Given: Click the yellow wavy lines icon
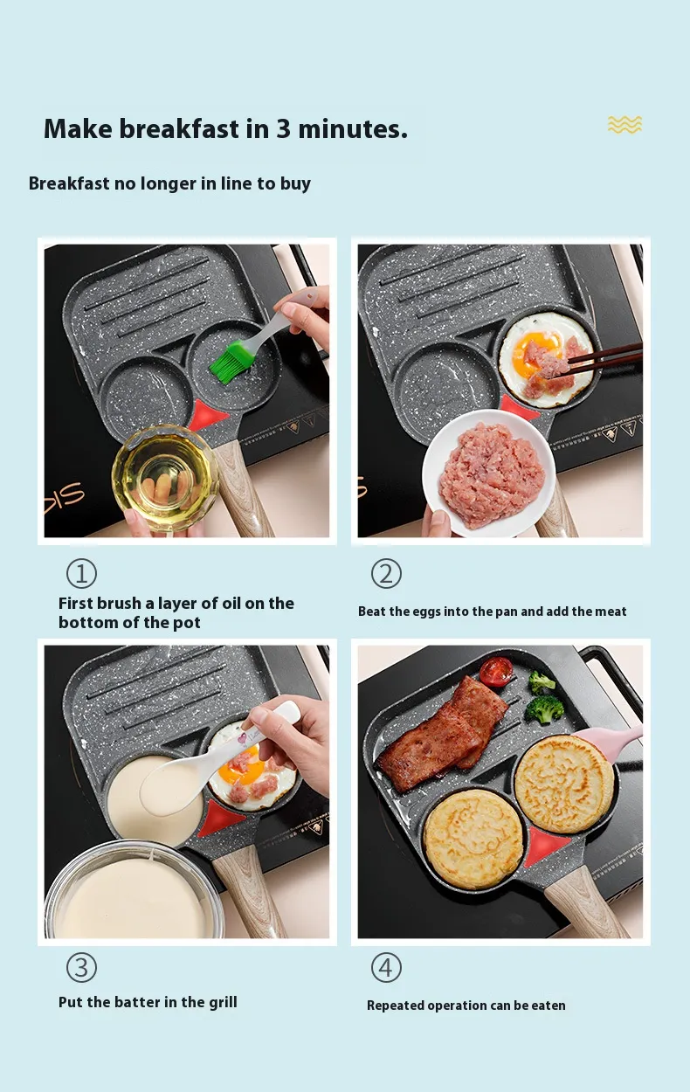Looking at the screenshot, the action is click(x=624, y=125).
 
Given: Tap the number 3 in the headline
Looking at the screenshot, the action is click(x=284, y=129).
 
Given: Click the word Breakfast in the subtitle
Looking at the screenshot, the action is click(x=69, y=183).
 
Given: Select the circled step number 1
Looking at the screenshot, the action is click(x=81, y=573).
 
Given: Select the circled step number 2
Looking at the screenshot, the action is click(x=386, y=573).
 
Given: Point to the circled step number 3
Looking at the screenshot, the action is click(x=81, y=968).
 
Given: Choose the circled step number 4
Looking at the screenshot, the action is click(x=386, y=968).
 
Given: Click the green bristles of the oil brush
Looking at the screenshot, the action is click(x=228, y=363).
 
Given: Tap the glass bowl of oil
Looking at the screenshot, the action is click(x=165, y=479).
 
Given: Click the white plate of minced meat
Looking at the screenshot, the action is click(x=489, y=473).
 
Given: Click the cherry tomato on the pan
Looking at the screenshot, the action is click(x=495, y=673).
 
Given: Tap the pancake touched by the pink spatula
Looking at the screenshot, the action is click(x=564, y=784).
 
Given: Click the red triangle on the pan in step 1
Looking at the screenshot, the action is click(x=208, y=415).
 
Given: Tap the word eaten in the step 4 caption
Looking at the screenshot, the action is click(x=549, y=1006).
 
